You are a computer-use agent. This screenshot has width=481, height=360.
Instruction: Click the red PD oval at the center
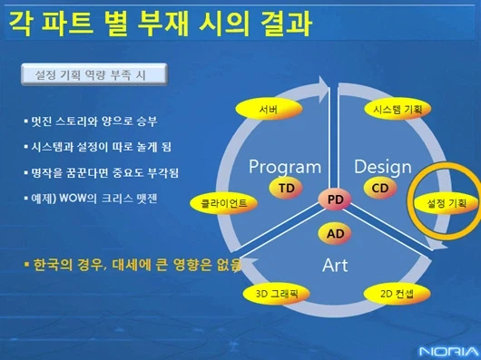point(335,199)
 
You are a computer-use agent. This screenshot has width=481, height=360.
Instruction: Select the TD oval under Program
point(286,188)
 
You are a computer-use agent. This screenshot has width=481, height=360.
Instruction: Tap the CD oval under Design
point(381,188)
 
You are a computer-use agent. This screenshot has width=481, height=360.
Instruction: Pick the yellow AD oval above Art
point(335,233)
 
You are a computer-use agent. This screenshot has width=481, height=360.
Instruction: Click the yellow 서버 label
point(269,109)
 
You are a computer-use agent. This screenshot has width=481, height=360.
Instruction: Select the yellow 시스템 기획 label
point(397,109)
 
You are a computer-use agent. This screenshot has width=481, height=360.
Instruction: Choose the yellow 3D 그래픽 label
point(277,294)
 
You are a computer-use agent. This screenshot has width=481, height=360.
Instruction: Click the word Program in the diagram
point(284,166)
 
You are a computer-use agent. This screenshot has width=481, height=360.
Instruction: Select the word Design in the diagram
point(382,166)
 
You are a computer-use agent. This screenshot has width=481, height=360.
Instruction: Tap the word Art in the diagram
point(335,265)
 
